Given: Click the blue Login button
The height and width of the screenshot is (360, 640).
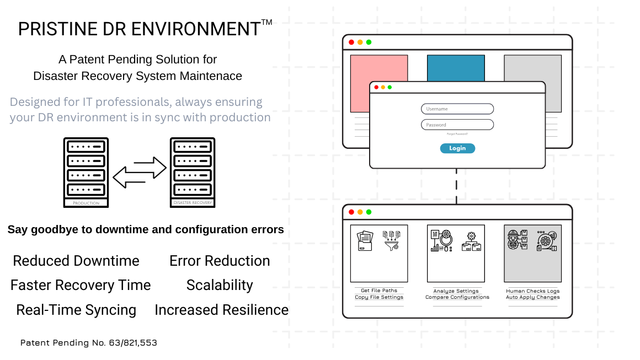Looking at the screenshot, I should coord(457,148).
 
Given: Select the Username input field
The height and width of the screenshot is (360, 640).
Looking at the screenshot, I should coord(457,109).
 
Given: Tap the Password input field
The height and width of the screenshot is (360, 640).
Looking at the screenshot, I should coord(457,125).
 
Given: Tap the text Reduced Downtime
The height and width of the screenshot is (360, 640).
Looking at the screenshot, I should coord(76,261).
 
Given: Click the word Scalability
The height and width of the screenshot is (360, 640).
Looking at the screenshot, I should coord(220,285).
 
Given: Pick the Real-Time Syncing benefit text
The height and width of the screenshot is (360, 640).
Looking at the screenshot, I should coord(76,310).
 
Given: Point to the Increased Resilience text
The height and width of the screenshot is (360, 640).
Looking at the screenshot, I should coord(221,310).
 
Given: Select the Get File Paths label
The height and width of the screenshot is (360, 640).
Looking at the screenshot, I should coord(379,291).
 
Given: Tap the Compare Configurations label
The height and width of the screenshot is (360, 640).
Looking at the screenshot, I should coord(457,297).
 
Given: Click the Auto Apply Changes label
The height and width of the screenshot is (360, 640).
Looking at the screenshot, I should coord(532,297).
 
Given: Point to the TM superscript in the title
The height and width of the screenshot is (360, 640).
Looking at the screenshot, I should coord(266,23).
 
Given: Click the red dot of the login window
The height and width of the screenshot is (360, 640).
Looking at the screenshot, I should coord(376,87).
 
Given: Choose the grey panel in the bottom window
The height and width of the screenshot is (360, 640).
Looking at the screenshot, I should coord(532,254).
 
